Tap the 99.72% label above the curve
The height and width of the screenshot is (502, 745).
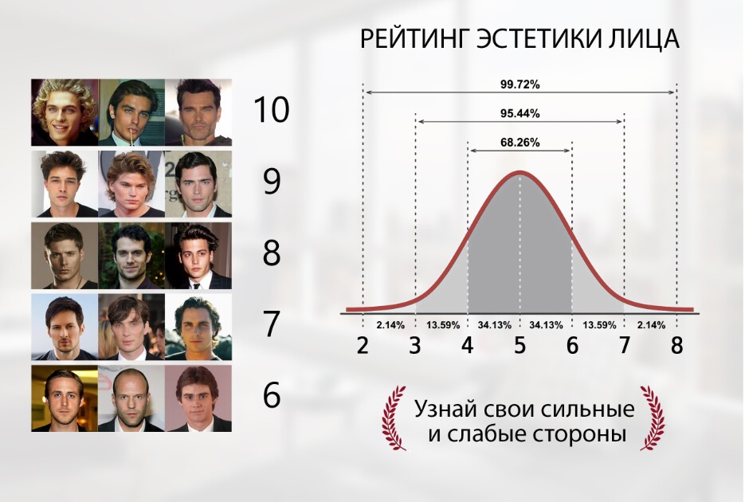tap(520, 84)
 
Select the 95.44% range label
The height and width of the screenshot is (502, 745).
tap(520, 113)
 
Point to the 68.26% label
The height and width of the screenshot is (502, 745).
tap(520, 143)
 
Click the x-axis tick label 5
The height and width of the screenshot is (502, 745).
tap(520, 345)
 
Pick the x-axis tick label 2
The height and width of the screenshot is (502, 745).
tap(363, 345)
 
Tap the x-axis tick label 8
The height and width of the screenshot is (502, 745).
tap(677, 345)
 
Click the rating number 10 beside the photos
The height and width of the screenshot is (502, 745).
tap(271, 110)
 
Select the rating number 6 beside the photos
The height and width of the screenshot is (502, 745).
tap(271, 395)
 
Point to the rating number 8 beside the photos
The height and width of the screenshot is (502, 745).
tap(271, 253)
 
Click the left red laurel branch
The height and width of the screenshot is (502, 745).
tap(394, 418)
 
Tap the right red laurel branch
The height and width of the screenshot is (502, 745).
tap(653, 418)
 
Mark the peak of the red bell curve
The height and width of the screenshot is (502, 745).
tap(520, 173)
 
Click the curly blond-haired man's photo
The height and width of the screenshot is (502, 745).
tap(65, 112)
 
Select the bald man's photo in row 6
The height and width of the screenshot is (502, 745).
tap(131, 398)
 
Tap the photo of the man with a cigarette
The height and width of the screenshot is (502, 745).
tap(131, 112)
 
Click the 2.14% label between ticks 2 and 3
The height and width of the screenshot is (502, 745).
tap(390, 325)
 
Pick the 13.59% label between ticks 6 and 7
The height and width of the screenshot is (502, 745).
tap(600, 325)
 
